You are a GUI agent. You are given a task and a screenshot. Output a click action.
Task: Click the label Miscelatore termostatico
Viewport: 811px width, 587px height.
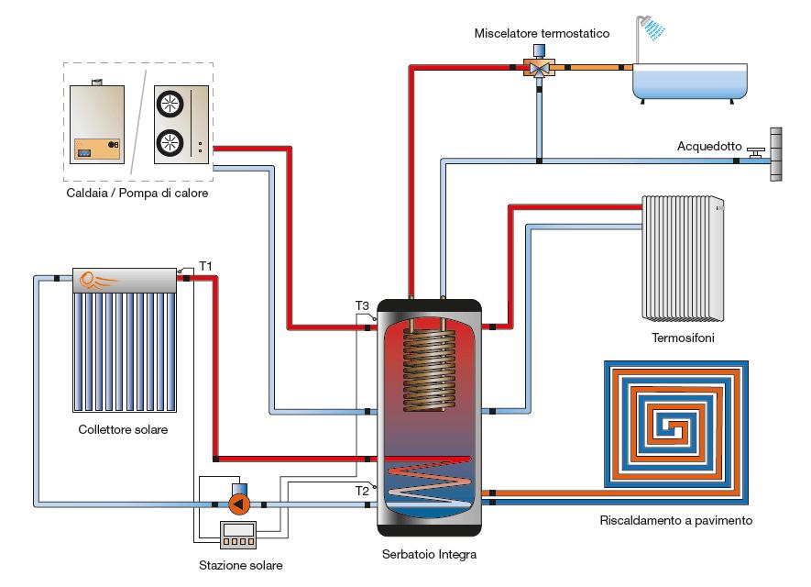point(542,33)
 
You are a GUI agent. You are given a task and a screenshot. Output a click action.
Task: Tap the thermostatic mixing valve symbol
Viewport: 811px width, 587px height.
point(539,66)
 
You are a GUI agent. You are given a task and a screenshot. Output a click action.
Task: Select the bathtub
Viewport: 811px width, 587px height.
point(690,82)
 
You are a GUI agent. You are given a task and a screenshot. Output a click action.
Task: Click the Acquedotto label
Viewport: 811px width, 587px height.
point(709,146)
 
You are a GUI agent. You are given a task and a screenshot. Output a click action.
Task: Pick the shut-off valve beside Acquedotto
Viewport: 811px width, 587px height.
point(756,153)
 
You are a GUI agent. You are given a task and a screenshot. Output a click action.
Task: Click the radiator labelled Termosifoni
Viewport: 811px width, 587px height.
point(683,258)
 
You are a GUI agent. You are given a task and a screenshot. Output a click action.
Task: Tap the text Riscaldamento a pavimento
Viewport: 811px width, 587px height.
point(676,520)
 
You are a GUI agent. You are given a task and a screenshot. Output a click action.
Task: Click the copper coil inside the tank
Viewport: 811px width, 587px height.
point(429,368)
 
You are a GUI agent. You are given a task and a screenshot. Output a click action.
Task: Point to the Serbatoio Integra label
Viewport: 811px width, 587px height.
point(429,554)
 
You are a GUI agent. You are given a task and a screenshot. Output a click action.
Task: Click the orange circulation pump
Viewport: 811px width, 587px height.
point(239,504)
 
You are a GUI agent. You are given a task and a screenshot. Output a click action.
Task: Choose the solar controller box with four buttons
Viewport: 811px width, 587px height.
point(238,535)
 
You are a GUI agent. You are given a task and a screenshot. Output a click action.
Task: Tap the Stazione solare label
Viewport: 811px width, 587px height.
point(241,565)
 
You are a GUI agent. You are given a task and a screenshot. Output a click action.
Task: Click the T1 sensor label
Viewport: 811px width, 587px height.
point(206,266)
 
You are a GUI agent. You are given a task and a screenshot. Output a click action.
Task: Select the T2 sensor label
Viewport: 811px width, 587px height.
point(362,491)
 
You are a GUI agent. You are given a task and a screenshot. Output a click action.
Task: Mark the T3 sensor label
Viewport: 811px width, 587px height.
point(362,306)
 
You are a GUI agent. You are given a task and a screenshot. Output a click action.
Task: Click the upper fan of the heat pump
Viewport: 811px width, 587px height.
point(170,104)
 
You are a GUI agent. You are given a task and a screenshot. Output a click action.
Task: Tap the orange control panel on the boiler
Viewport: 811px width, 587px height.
point(97,150)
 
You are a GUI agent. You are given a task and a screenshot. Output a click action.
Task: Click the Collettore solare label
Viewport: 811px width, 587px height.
point(123,429)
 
